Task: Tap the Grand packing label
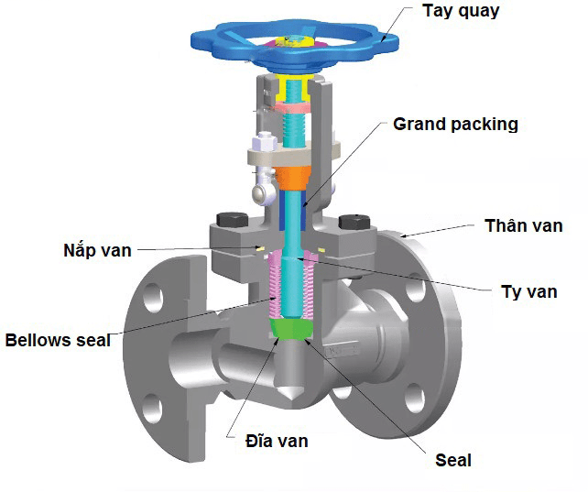455,124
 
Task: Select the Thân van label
523,225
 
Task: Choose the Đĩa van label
277,441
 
